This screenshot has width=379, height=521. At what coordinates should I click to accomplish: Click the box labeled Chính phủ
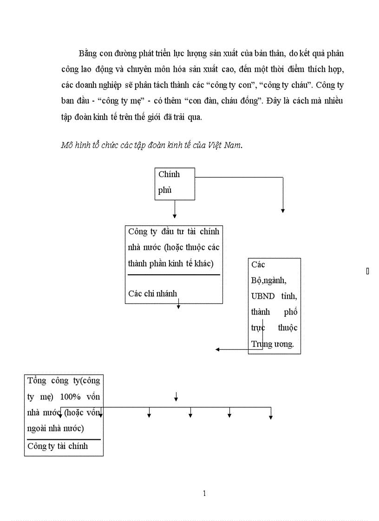pyautogui.click(x=174, y=184)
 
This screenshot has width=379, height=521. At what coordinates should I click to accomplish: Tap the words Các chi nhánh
pyautogui.click(x=152, y=294)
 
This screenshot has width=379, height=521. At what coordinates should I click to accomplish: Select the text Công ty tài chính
pyautogui.click(x=58, y=446)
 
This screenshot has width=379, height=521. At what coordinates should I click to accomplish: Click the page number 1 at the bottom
pyautogui.click(x=204, y=493)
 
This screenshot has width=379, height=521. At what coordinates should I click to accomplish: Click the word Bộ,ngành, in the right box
pyautogui.click(x=269, y=280)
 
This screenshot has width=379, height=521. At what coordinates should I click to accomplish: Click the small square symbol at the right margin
pyautogui.click(x=367, y=271)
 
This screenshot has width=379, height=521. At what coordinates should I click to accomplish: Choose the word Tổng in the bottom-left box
pyautogui.click(x=37, y=381)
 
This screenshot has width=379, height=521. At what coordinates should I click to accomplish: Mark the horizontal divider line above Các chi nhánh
pyautogui.click(x=174, y=275)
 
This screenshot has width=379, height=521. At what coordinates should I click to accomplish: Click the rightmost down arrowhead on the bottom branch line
pyautogui.click(x=271, y=417)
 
